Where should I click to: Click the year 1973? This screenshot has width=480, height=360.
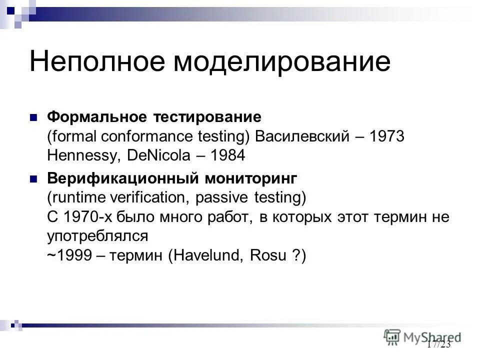(386, 136)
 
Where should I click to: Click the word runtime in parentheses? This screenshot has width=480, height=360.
(76, 197)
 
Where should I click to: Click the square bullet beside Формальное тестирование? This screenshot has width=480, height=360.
(34, 118)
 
